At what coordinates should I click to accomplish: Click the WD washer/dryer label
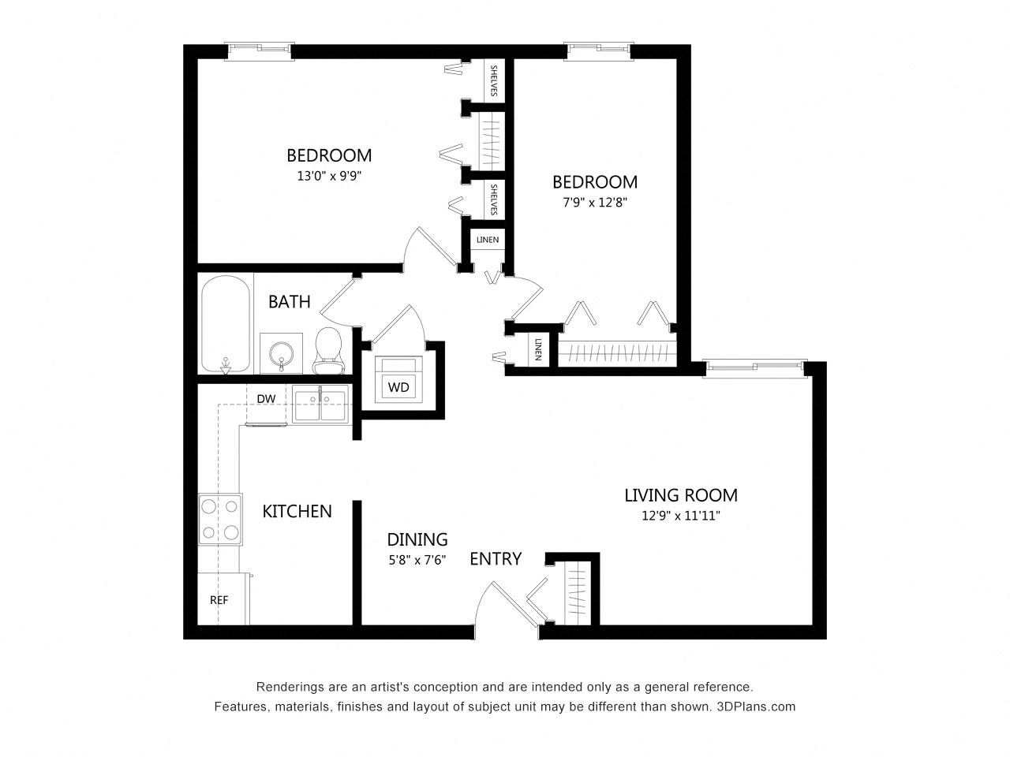pyautogui.click(x=398, y=387)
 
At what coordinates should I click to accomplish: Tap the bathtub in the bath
pyautogui.click(x=225, y=324)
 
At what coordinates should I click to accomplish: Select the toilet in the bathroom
pyautogui.click(x=327, y=352)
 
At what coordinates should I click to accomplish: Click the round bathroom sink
pyautogui.click(x=281, y=352)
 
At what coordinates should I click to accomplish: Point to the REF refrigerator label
pyautogui.click(x=219, y=600)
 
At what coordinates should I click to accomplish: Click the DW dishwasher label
pyautogui.click(x=266, y=399)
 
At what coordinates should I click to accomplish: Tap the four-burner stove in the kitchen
pyautogui.click(x=219, y=520)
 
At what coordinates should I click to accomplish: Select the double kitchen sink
pyautogui.click(x=320, y=406)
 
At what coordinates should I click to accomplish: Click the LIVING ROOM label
pyautogui.click(x=680, y=495)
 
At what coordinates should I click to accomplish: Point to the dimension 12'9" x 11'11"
pyautogui.click(x=680, y=516)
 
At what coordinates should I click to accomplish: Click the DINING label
pyautogui.click(x=417, y=539)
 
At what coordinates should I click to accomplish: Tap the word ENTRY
pyautogui.click(x=496, y=559)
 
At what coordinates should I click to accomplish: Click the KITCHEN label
pyautogui.click(x=297, y=511)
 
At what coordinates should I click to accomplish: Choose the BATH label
pyautogui.click(x=289, y=301)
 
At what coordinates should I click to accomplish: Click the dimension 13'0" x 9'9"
pyautogui.click(x=329, y=177)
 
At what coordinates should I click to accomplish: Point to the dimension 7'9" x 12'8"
pyautogui.click(x=594, y=202)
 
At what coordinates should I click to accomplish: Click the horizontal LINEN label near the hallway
pyautogui.click(x=487, y=240)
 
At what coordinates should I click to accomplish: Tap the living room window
pyautogui.click(x=755, y=366)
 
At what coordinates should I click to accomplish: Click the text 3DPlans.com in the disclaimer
pyautogui.click(x=757, y=707)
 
